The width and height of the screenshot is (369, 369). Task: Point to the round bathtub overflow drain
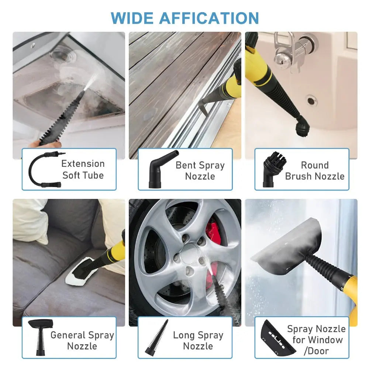[311, 100]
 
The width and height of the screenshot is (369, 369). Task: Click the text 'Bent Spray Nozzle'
[200, 170]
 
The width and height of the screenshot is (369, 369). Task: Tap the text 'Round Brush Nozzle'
[314, 170]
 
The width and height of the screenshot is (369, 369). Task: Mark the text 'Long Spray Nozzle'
[198, 340]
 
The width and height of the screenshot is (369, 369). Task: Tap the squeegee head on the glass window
[286, 247]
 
